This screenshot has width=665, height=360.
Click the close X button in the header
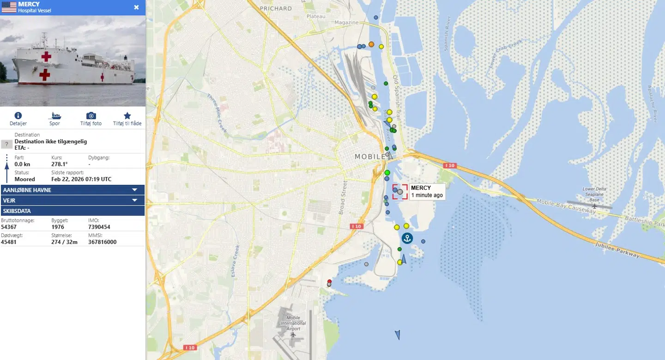[136, 7]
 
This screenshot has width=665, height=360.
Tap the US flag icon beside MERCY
[9, 7]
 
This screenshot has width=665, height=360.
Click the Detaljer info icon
[18, 116]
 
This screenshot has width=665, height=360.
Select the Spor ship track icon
[54, 116]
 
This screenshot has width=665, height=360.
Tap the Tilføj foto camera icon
[91, 116]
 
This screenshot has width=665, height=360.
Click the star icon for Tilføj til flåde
[127, 116]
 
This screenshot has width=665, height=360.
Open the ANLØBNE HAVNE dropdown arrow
[135, 190]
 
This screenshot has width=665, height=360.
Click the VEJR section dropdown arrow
[135, 201]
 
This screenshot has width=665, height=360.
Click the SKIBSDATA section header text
[17, 211]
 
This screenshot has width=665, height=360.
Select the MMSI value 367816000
[102, 242]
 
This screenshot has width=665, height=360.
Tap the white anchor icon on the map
[407, 238]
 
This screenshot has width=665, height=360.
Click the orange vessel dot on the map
[371, 44]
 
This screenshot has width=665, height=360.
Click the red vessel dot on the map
[329, 281]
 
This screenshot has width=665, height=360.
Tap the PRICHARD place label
[276, 8]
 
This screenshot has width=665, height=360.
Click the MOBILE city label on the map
[369, 157]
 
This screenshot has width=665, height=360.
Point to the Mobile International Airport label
[293, 323]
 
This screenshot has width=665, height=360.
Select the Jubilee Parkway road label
[617, 250]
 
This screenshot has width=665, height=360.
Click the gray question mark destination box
[6, 144]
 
